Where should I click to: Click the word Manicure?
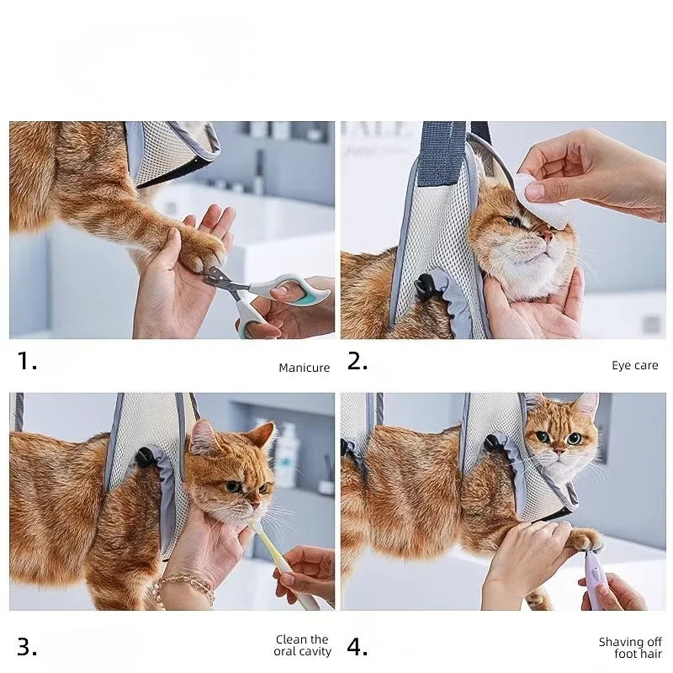click(304, 368)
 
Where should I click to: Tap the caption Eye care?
click(634, 365)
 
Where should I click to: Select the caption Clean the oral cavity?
click(303, 645)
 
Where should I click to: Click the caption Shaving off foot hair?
click(630, 648)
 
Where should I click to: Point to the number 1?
click(27, 363)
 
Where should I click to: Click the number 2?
click(358, 363)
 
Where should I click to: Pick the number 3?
click(27, 647)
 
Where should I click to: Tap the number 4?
click(358, 647)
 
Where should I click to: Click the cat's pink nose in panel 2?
click(547, 238)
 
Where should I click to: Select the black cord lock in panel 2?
click(426, 287)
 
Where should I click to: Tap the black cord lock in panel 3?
click(146, 459)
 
